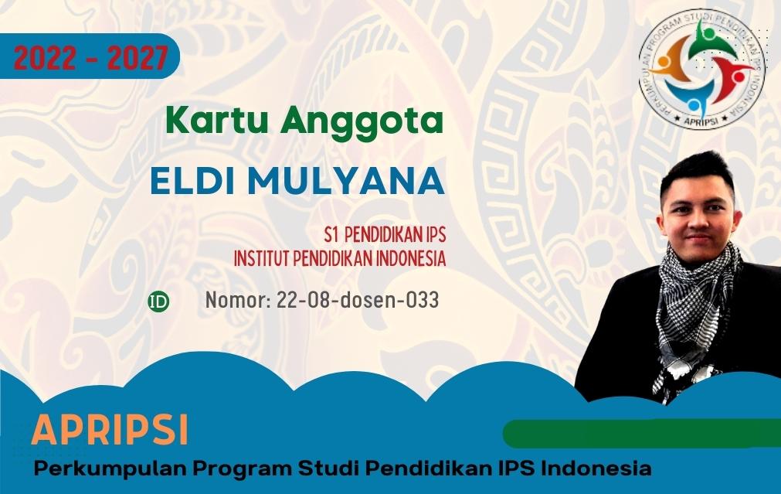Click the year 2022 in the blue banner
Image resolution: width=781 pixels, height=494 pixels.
click(x=46, y=58)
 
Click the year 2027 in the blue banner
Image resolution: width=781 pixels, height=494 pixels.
click(x=138, y=58)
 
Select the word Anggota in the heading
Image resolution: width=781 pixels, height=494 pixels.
click(x=362, y=123)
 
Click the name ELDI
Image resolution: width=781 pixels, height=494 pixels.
click(x=193, y=181)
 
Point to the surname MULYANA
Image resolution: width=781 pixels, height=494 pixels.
click(x=346, y=181)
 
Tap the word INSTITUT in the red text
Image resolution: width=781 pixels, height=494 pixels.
click(x=262, y=258)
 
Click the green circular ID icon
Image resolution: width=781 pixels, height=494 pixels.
click(x=158, y=302)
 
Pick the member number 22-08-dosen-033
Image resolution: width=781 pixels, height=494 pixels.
click(x=357, y=300)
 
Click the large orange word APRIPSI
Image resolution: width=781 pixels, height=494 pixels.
click(x=110, y=429)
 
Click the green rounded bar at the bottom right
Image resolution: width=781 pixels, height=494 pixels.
click(x=642, y=433)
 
